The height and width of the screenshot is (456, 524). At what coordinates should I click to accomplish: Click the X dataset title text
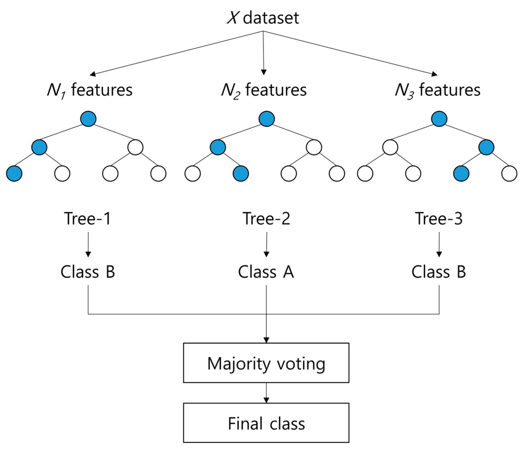pos(263,18)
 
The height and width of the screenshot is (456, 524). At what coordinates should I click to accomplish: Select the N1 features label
pos(90,90)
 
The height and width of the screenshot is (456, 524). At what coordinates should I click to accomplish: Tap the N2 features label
pos(264,90)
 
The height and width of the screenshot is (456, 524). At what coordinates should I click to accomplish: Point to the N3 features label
pos(438,90)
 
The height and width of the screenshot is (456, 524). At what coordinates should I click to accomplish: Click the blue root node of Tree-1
pos(88,119)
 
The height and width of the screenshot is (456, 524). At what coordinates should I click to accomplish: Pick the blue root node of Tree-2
pos(266,119)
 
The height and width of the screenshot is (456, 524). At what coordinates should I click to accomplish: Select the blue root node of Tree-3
pos(439,119)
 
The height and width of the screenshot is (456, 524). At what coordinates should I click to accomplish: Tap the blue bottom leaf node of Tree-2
pos(241,174)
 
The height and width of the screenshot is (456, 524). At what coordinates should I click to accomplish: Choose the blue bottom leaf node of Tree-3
pos(461,174)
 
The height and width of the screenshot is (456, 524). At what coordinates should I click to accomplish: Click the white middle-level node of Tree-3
pos(390,147)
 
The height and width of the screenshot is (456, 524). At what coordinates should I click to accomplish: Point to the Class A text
pos(266,272)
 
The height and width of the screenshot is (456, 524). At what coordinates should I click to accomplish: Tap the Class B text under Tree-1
pos(88,272)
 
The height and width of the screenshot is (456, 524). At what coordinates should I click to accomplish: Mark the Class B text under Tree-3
pos(439,272)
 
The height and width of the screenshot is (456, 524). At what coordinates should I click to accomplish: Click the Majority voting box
pos(266,363)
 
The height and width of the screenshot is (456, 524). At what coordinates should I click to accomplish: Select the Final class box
pos(266,423)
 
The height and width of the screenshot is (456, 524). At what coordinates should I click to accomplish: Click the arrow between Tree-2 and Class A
pos(266,244)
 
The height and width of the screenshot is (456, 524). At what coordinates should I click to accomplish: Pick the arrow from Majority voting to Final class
pos(266,393)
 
